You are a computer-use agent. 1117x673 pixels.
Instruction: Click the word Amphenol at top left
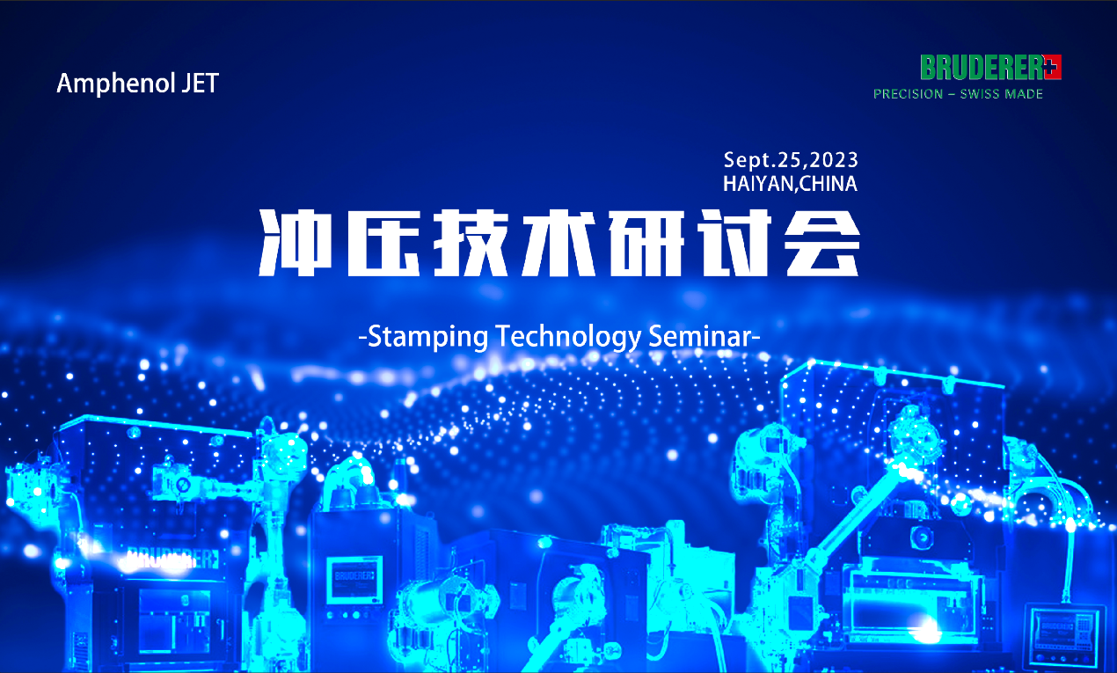point(116,84)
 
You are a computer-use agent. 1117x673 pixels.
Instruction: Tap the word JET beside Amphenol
point(200,83)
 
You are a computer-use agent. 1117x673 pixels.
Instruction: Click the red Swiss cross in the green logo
point(1052,67)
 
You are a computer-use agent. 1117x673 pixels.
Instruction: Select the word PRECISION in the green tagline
point(908,94)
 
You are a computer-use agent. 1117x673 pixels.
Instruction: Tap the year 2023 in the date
point(833,160)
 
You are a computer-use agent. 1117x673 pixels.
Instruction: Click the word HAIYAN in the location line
point(759,184)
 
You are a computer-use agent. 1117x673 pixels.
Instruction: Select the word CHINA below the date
point(829,184)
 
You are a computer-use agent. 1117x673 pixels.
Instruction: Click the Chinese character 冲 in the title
point(296,243)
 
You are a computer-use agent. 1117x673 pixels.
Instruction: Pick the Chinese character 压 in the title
point(383,243)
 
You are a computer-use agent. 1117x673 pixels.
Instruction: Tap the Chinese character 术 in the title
point(559,243)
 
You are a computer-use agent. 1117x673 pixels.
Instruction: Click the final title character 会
point(822,243)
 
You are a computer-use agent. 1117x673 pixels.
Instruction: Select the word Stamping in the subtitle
point(427,337)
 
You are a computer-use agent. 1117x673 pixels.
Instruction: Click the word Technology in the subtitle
point(568,337)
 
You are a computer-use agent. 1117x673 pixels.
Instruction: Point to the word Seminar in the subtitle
point(700,336)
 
